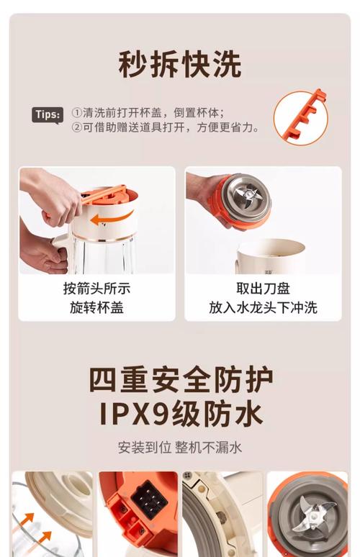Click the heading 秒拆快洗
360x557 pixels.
[179, 64]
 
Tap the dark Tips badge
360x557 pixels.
[48, 114]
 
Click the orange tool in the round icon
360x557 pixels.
[300, 116]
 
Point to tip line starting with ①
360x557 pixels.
[148, 112]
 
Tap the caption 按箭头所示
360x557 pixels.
[96, 289]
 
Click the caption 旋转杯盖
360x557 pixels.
[96, 308]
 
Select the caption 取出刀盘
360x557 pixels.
[263, 289]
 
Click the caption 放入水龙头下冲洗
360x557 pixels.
[263, 308]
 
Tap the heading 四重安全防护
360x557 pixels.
[180, 379]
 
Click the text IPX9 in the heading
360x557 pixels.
[134, 414]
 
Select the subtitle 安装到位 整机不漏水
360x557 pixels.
[180, 447]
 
